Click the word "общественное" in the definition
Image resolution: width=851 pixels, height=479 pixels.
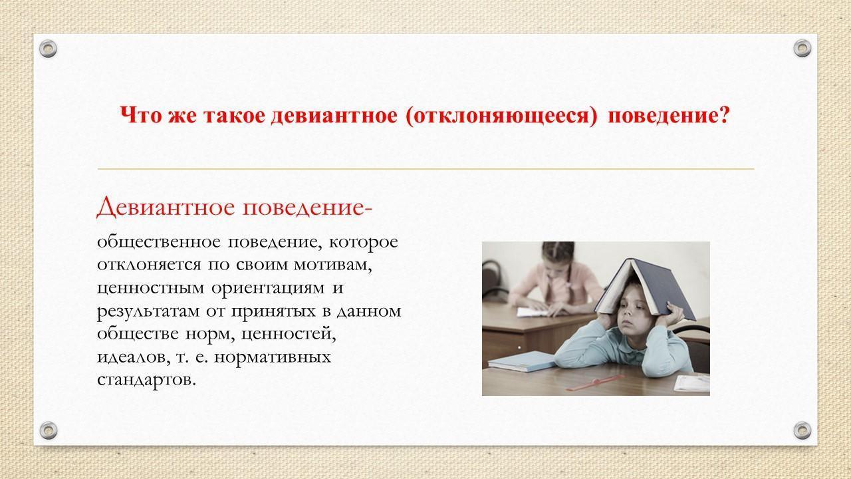(159, 242)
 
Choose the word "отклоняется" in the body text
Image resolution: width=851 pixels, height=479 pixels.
(149, 265)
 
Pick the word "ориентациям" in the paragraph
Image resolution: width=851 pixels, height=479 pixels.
(268, 288)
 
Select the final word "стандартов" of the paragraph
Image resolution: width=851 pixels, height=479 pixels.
(147, 380)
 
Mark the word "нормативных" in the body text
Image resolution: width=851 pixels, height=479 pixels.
(273, 357)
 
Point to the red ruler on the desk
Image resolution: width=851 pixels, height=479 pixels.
(594, 383)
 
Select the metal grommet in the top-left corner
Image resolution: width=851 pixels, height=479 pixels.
(49, 49)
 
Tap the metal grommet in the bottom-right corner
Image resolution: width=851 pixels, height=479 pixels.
(802, 430)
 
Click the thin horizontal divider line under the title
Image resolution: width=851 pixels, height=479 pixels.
(426, 168)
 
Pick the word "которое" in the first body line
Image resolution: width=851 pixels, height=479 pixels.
(364, 242)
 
